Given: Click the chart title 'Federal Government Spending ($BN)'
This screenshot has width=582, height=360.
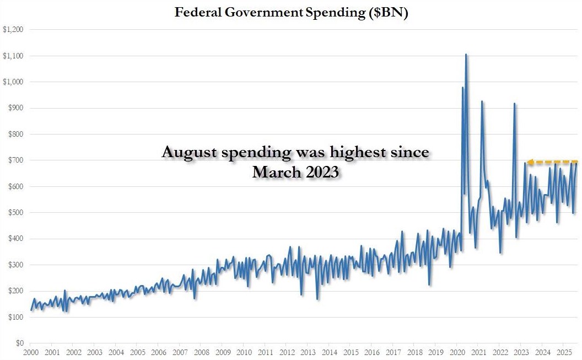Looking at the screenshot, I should tap(291, 12).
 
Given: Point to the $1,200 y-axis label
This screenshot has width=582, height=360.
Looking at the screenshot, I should tap(13, 29).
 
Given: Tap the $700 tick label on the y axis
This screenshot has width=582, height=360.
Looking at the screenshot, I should tap(15, 160).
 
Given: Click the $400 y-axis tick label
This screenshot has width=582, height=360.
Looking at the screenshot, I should tap(15, 239).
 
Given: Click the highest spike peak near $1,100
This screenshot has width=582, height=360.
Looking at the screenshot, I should tap(466, 55).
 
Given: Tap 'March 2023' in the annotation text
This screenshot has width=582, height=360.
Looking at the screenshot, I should tap(295, 172).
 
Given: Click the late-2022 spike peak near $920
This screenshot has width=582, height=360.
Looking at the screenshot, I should tap(514, 104).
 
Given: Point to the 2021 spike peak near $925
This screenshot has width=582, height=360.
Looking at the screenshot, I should tap(482, 101).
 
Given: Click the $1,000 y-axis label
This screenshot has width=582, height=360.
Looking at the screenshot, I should tap(13, 82).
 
